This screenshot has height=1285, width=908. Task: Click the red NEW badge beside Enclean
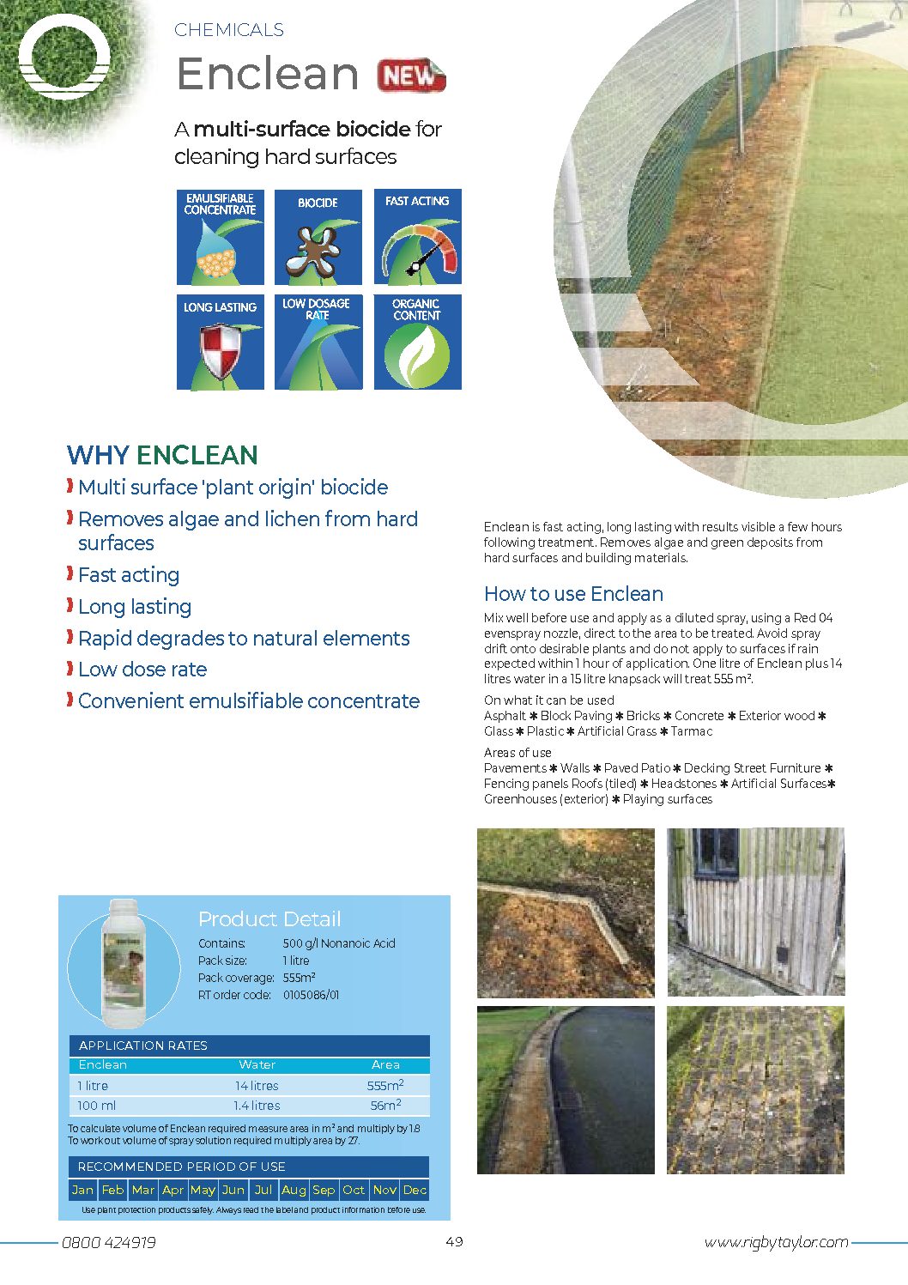click(411, 76)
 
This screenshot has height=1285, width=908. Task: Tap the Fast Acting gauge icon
click(418, 237)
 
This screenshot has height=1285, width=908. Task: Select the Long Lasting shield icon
click(220, 342)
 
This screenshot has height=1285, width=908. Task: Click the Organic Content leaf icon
click(418, 342)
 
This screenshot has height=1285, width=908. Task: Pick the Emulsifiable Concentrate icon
click(220, 237)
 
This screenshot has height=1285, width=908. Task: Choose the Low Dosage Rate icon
click(318, 342)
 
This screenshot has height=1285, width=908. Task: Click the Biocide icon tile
click(318, 237)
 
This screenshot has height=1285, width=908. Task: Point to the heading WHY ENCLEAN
click(162, 455)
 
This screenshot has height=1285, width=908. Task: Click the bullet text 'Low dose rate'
click(142, 670)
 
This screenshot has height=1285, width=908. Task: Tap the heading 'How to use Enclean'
click(573, 594)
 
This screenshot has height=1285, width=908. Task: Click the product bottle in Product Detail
click(123, 962)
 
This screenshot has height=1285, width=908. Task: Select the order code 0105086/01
click(311, 995)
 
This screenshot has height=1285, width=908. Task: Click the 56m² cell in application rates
click(385, 1106)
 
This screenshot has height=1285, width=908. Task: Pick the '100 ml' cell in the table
click(97, 1106)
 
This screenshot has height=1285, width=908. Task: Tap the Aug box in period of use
click(294, 1190)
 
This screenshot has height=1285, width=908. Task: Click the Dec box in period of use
click(415, 1190)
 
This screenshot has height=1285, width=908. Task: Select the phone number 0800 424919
click(109, 1242)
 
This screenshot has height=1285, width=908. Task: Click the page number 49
click(454, 1241)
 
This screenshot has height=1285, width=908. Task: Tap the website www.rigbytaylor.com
click(776, 1242)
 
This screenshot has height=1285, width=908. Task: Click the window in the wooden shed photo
click(716, 853)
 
